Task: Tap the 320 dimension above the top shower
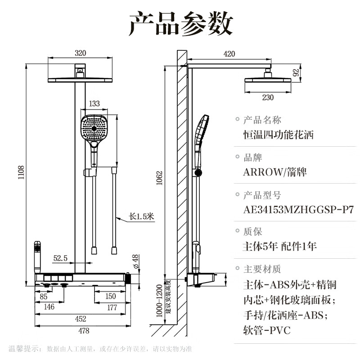pos(80,53)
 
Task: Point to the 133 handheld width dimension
pos(94,103)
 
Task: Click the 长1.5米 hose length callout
pos(141,216)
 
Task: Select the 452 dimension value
pos(81,319)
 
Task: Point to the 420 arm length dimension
pos(229,54)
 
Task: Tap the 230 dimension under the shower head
pos(267,98)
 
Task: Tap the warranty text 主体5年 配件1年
pos(279,246)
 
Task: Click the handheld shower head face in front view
pos(94,127)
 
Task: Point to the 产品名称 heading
pos(262,120)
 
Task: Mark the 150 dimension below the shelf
pos(111,296)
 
